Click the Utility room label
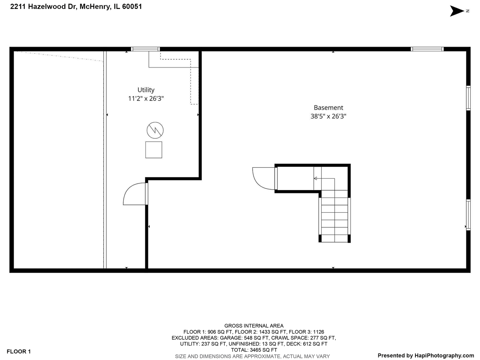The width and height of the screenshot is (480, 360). pos(146,90)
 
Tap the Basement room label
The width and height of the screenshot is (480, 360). pos(328,108)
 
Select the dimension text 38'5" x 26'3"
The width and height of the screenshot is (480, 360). pos(328,116)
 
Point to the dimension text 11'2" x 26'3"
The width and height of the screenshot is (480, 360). pos(146,98)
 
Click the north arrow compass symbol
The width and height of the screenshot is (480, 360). pos(457,11)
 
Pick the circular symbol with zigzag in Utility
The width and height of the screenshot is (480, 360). pos(155,130)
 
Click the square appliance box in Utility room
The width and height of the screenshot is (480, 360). pos(154,150)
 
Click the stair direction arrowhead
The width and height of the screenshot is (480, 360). pos(315,178)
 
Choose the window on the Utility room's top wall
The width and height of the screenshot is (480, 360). pos(145,49)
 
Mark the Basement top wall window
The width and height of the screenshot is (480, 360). pos(427,49)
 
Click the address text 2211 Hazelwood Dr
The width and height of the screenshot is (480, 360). pos(43,7)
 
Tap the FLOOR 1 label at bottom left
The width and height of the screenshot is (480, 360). pos(19,351)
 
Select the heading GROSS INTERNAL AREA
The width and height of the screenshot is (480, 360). pos(254,326)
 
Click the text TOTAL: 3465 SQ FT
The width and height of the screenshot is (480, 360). pos(254,350)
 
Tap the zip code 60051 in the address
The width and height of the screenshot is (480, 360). pos(132,7)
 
